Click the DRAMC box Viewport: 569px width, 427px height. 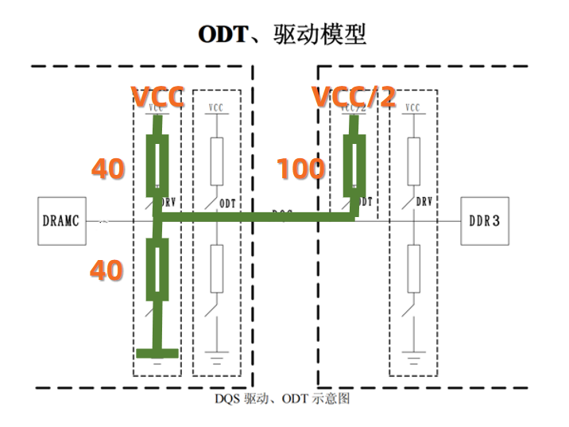[x=62, y=219]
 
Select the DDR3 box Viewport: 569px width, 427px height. [x=485, y=219]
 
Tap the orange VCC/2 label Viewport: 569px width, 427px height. [x=353, y=97]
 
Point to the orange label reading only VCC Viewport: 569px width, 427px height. [x=158, y=97]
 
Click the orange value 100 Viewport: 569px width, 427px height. [x=300, y=169]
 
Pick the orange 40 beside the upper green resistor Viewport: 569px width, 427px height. [x=107, y=169]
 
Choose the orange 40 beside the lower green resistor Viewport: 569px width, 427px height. [x=107, y=270]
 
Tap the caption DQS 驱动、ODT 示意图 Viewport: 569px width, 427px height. [x=282, y=398]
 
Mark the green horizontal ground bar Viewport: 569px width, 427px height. [x=157, y=353]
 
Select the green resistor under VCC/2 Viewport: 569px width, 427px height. [x=353, y=163]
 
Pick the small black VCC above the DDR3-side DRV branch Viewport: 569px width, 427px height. [x=412, y=107]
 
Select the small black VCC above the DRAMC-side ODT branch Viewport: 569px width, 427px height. [x=216, y=107]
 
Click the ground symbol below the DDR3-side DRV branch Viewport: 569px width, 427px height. [x=412, y=354]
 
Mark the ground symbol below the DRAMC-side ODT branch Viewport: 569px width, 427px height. [x=216, y=354]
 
